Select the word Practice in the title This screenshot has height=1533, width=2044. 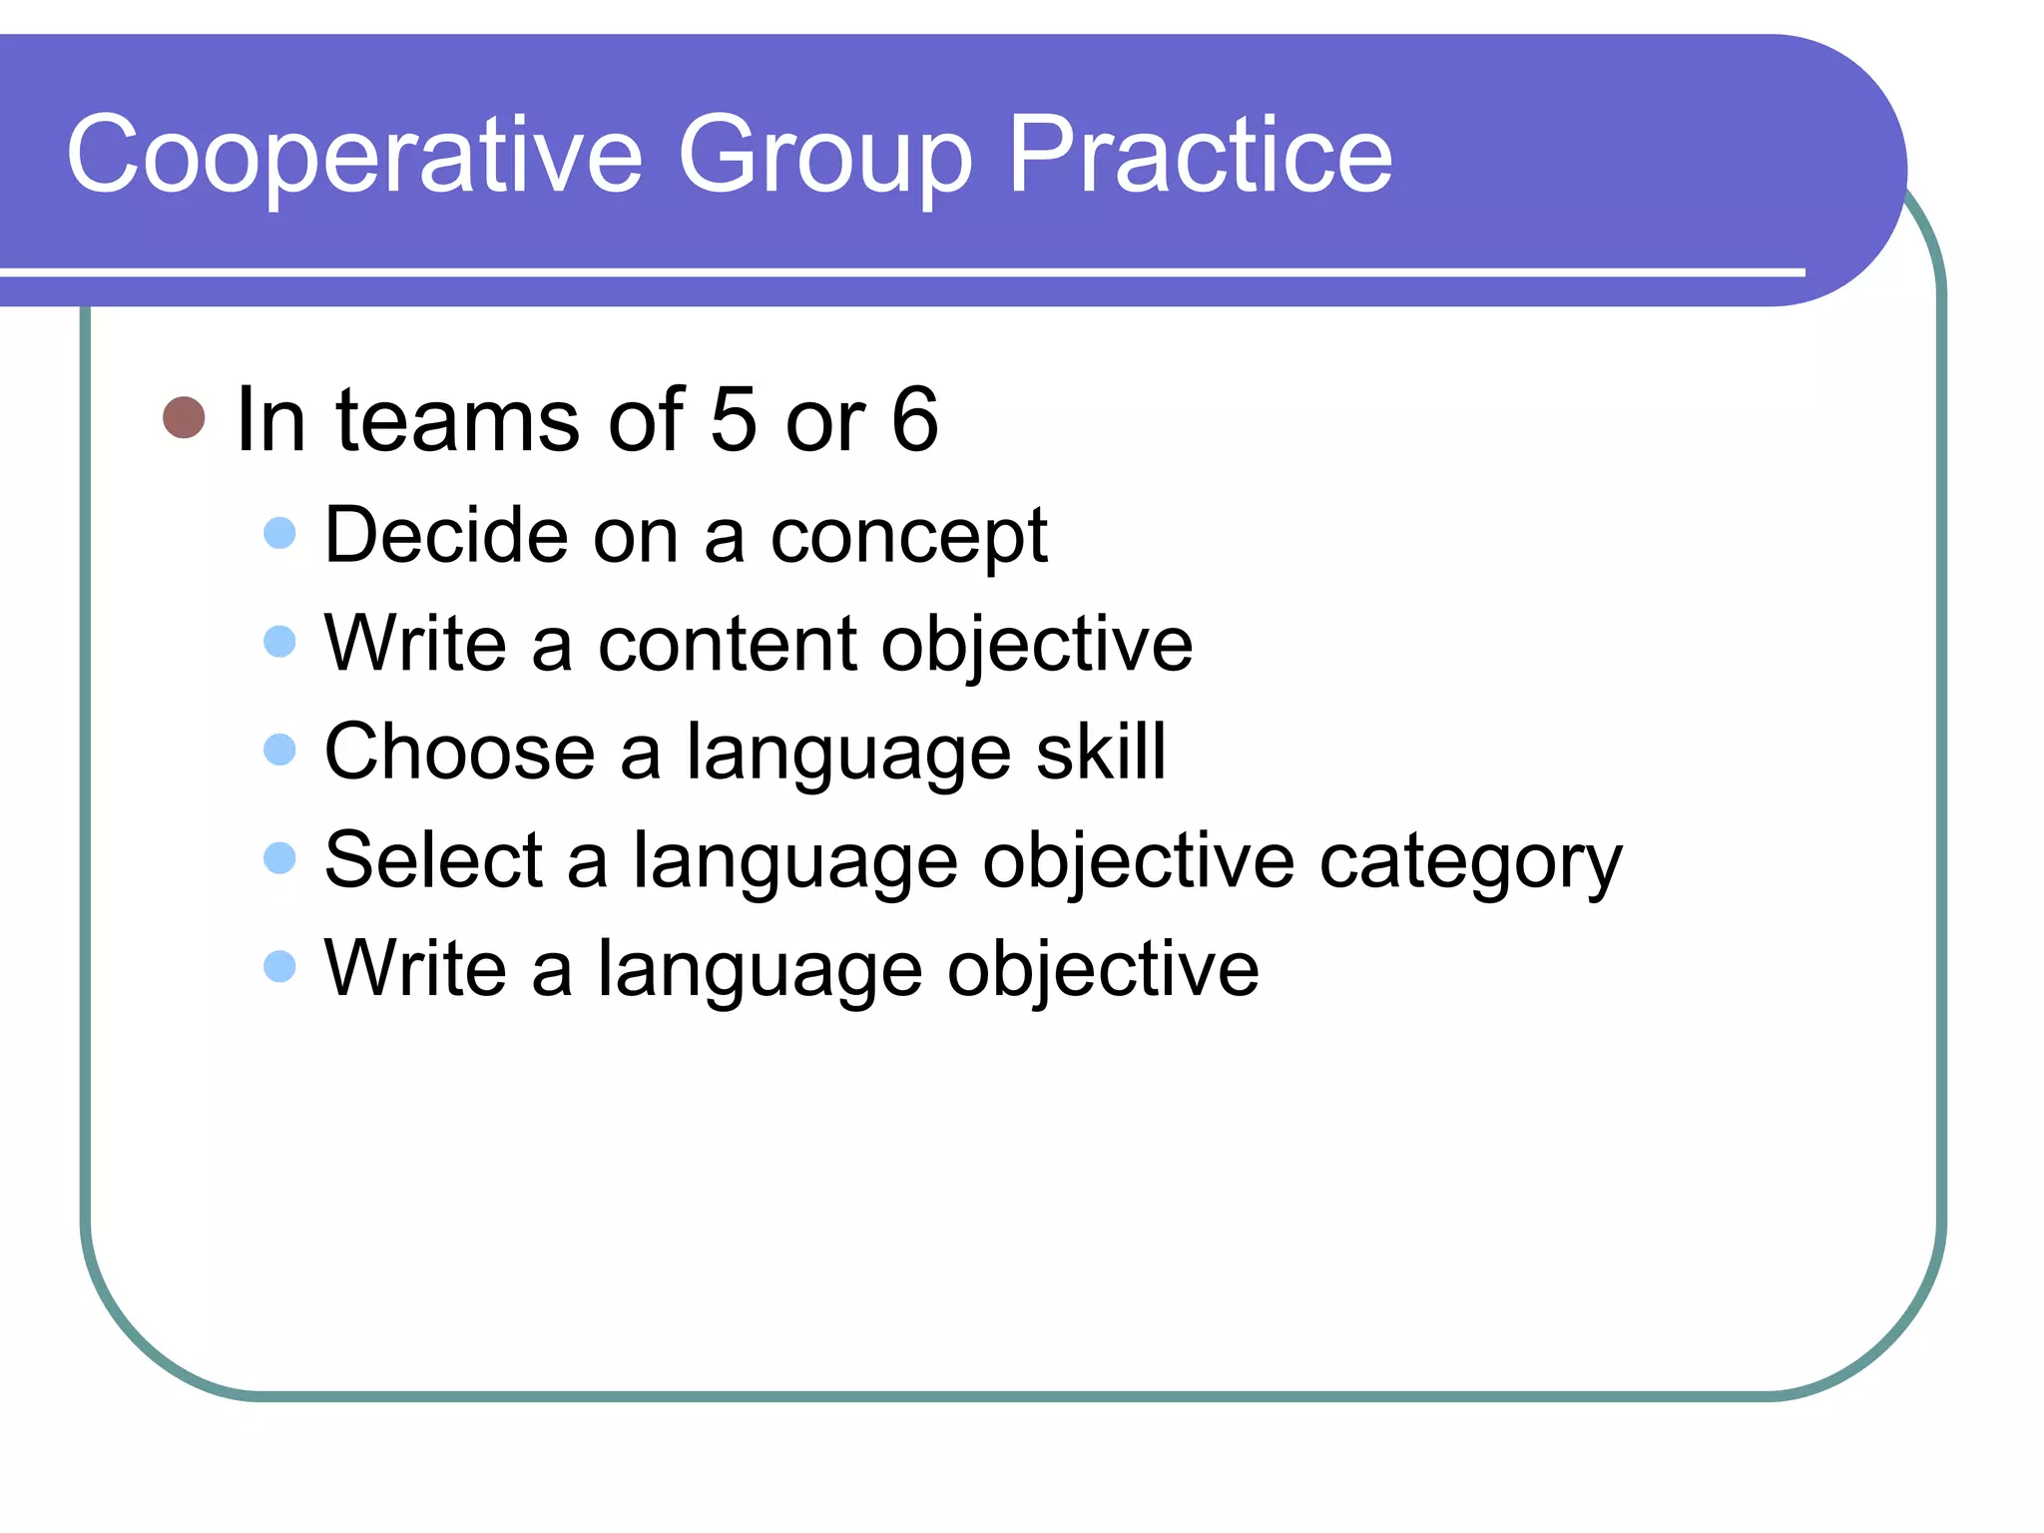(1200, 155)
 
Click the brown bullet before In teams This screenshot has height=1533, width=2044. (184, 417)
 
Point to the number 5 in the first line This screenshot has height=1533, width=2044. (734, 419)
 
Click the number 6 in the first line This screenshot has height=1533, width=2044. (914, 419)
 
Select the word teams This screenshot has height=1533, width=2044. (459, 419)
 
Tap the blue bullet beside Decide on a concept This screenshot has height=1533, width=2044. (280, 533)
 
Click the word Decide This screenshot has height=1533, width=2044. (446, 536)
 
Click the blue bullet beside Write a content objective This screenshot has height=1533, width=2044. (280, 641)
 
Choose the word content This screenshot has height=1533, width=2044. (727, 645)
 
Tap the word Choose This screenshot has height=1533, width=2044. (459, 752)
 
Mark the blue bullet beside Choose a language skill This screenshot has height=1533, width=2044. (280, 750)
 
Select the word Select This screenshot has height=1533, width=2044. (433, 860)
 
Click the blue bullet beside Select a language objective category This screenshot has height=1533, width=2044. (280, 857)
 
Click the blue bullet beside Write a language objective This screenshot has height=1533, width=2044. (280, 966)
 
